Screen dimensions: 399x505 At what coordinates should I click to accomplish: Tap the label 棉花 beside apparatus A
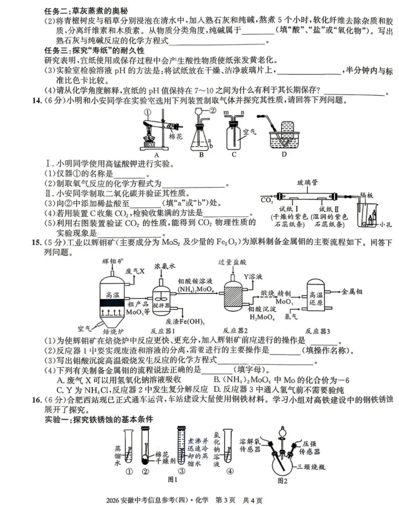175,137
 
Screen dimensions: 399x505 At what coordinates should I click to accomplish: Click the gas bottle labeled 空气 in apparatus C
233,137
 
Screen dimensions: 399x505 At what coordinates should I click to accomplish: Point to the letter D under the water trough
284,154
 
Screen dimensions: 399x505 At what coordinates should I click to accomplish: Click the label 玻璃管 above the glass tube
307,182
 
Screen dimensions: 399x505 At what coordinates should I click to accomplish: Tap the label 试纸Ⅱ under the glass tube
329,209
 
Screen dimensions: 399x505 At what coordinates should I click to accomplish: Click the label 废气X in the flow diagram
135,271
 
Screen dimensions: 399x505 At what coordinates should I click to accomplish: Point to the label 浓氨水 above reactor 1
165,266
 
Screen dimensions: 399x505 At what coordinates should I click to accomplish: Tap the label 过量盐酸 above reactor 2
232,262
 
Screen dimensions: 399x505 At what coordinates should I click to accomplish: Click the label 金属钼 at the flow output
352,292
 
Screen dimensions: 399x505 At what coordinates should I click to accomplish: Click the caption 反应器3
318,331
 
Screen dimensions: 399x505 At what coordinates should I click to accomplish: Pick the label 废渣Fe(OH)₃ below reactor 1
185,322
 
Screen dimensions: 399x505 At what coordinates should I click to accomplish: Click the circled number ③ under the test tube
181,471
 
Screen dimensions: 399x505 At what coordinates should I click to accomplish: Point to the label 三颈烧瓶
311,467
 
